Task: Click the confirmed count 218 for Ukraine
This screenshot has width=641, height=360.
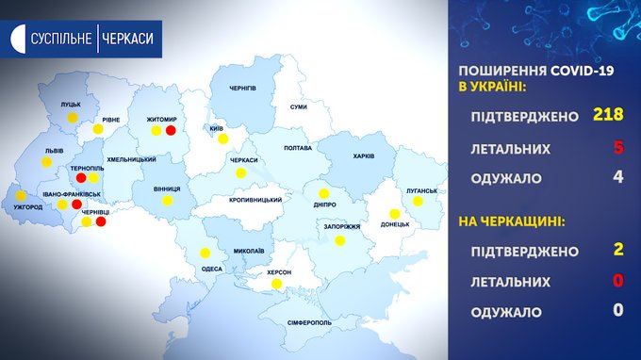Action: point(608,114)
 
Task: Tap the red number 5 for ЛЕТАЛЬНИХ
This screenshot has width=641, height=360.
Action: point(618,147)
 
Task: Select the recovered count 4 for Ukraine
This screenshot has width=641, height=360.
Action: point(618,176)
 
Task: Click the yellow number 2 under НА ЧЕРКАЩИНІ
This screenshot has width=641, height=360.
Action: point(618,249)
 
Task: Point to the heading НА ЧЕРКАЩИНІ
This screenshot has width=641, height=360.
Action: point(512,221)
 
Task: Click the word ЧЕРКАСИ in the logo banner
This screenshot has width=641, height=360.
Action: point(127,39)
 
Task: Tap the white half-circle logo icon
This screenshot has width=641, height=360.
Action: point(18,39)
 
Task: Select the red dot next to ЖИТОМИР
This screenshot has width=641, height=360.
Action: point(171,130)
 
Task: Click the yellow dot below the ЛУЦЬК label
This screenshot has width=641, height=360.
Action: point(73,118)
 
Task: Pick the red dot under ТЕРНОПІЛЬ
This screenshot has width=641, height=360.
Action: point(81,178)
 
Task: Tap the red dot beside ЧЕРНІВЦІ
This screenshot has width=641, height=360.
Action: point(101,221)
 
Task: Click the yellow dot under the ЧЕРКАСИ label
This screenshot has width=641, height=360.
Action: point(240,173)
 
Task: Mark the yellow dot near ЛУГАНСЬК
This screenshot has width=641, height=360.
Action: point(418,201)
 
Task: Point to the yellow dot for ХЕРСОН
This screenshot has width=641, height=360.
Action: point(276,284)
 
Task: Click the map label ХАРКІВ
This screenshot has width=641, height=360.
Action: point(364,156)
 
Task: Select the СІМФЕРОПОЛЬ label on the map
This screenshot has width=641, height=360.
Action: point(309,323)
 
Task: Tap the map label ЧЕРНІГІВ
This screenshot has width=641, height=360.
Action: point(243,89)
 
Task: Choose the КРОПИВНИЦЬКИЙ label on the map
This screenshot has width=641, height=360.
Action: point(255,200)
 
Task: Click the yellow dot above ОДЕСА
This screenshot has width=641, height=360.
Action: point(205,253)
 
